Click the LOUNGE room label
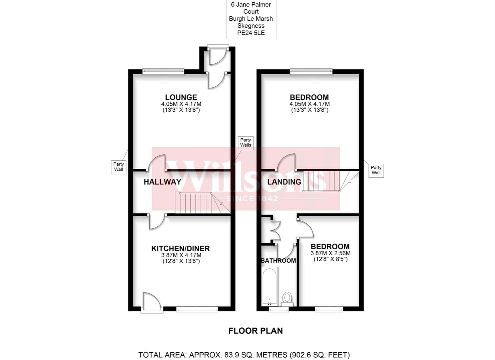[x=181, y=97]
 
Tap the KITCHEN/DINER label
[x=180, y=249]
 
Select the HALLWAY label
[x=162, y=182]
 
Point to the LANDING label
[x=284, y=182]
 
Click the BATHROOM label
[x=278, y=261]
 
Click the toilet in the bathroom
[x=287, y=298]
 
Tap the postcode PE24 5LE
[x=251, y=33]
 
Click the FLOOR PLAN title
[x=256, y=331]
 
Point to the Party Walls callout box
[x=245, y=143]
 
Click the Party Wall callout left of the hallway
[x=118, y=167]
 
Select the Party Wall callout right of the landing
[x=376, y=170]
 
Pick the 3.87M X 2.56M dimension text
[x=331, y=253]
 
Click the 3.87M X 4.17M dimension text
[x=181, y=255]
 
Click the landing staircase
[x=322, y=181]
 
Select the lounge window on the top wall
[x=163, y=71]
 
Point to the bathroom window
[x=279, y=310]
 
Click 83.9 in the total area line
[x=214, y=355]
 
